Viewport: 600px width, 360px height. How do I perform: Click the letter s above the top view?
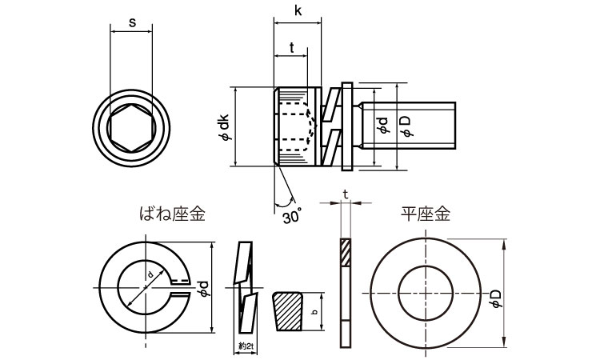(131, 24)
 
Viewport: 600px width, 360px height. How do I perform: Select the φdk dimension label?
(225, 126)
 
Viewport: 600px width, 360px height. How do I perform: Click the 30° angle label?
(292, 216)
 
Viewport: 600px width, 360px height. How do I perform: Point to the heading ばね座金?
(173, 214)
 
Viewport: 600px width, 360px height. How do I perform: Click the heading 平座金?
(426, 214)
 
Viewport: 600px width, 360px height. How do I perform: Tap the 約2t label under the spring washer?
(246, 346)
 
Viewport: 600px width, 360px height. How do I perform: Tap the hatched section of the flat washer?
(346, 254)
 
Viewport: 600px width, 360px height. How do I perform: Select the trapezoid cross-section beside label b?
(288, 313)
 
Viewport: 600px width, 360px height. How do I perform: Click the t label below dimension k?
(291, 47)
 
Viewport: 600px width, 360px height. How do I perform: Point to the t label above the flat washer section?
(345, 194)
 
